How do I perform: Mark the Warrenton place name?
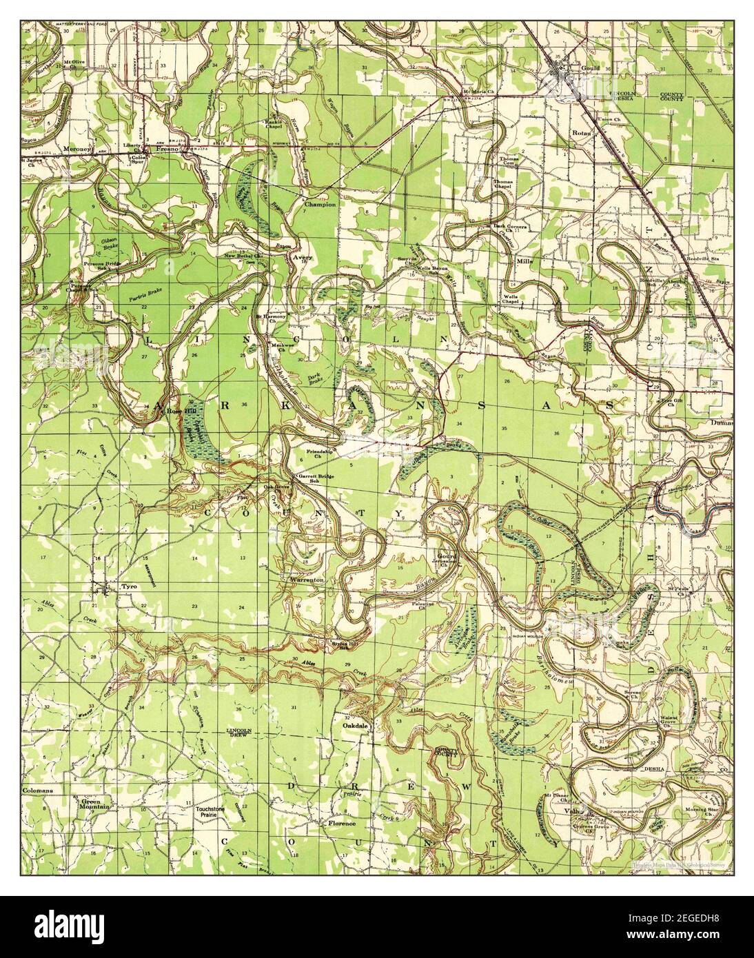coord(307,581)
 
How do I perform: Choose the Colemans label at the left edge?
coord(38,791)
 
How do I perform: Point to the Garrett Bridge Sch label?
coord(320,478)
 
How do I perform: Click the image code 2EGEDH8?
coord(693,923)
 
